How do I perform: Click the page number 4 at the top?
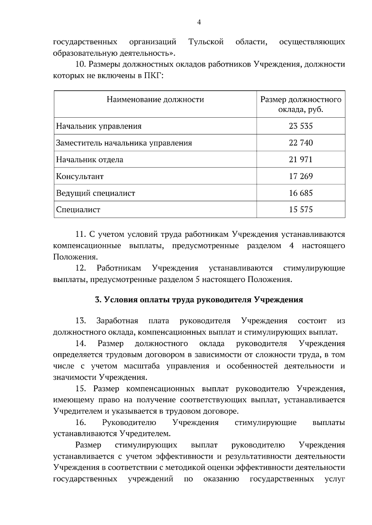[199, 22]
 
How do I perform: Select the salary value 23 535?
[300, 126]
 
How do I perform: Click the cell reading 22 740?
[300, 143]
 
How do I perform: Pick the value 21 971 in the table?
[300, 159]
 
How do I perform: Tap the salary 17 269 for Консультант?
[300, 176]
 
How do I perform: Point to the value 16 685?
[300, 193]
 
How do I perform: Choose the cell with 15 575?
[300, 210]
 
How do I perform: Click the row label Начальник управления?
[99, 126]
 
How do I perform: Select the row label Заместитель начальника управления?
[124, 143]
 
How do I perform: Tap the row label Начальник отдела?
[89, 160]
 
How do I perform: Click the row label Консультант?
[80, 176]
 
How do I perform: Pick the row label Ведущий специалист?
[95, 193]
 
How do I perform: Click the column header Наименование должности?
[155, 99]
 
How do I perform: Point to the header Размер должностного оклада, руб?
[300, 105]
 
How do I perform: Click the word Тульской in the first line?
[206, 42]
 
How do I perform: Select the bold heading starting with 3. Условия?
[199, 300]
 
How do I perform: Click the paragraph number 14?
[81, 344]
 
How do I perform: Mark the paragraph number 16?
[81, 423]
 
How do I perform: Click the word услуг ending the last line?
[335, 479]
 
